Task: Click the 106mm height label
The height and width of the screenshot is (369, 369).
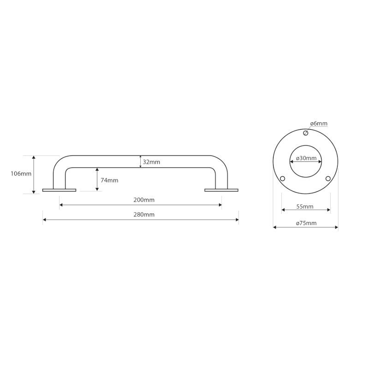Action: pos(21,174)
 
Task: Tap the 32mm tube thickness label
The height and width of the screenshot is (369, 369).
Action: pos(151,162)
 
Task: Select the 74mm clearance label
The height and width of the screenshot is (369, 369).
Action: pos(109,180)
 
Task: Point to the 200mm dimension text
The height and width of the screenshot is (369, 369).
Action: pos(144,200)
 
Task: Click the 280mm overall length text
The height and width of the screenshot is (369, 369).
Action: pos(144,214)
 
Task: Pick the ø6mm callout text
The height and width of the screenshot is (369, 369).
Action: pos(319,123)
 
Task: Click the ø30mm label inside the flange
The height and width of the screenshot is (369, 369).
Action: pos(306,158)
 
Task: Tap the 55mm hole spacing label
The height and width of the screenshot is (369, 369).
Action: pos(305,206)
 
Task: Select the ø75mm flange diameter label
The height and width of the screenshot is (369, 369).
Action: pos(306,223)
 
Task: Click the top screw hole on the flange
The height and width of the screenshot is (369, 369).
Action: pos(305,133)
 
